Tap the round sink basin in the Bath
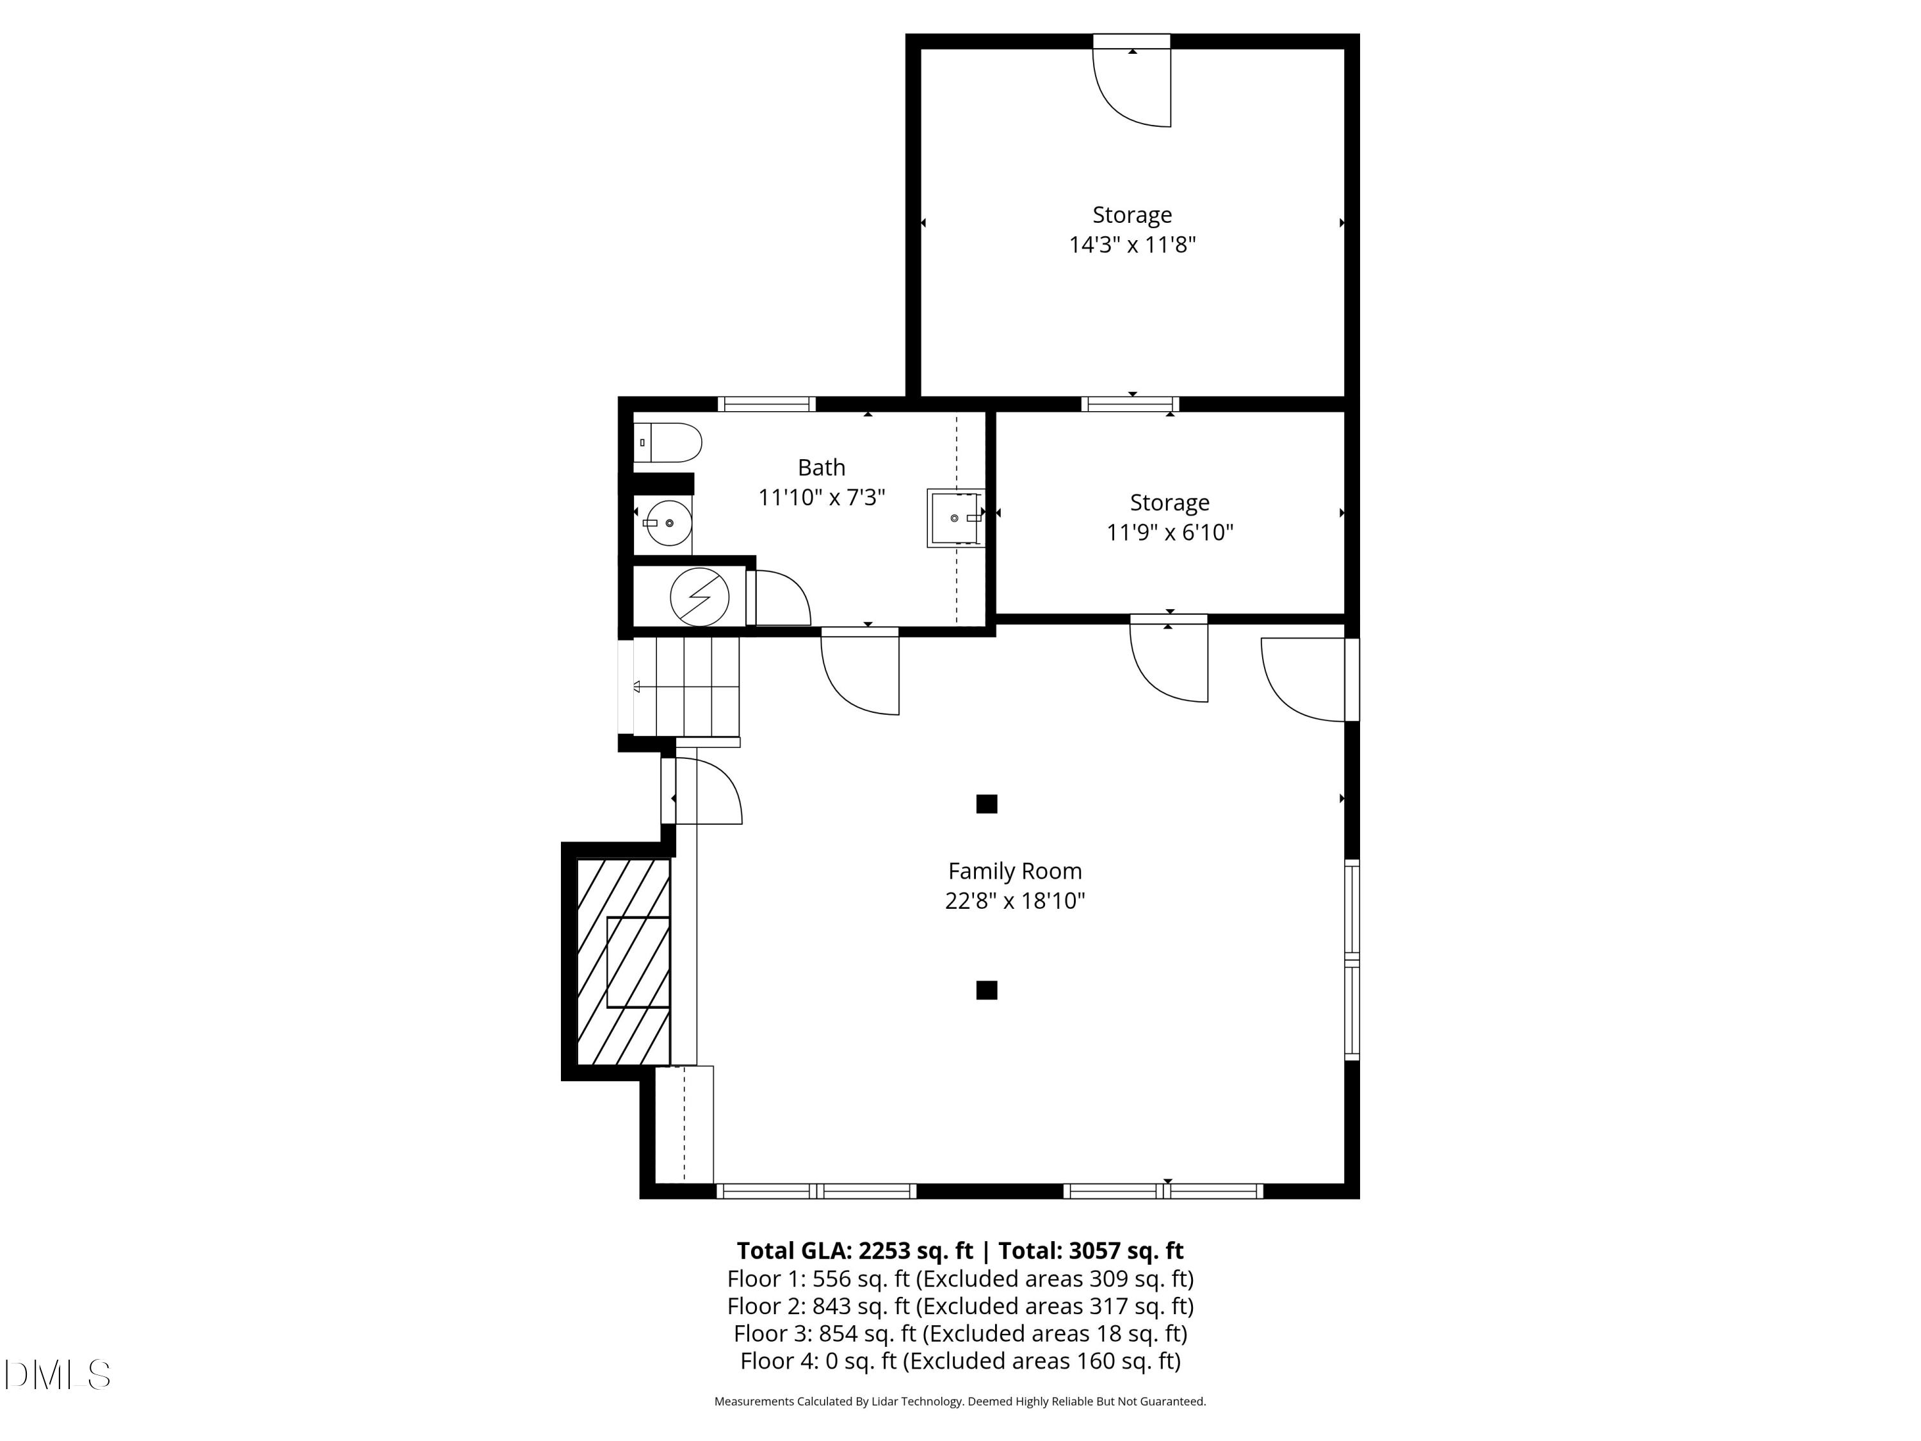669,523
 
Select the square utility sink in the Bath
955,517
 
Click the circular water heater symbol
699,597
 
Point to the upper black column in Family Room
987,804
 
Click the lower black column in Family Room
987,990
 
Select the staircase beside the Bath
686,686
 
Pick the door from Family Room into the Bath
860,673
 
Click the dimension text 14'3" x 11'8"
1131,245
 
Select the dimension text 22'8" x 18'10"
1014,900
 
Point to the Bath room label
821,468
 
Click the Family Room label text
1014,870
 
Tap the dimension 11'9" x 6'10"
1169,532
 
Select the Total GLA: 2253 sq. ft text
855,1251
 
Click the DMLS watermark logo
58,1375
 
